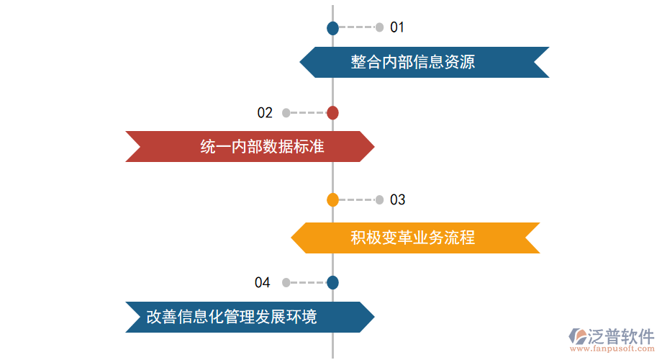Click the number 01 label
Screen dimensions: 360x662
[x=397, y=27]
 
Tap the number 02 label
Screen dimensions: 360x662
[x=265, y=112]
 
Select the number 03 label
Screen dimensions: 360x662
[x=397, y=199]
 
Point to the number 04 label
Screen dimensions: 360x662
[x=262, y=282]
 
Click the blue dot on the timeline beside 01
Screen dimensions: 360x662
[x=332, y=28]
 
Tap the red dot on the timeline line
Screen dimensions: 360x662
[x=332, y=112]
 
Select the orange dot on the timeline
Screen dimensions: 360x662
[x=332, y=199]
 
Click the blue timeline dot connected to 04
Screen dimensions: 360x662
[x=332, y=282]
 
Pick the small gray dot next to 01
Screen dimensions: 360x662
[x=379, y=27]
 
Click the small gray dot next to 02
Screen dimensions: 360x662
[x=286, y=112]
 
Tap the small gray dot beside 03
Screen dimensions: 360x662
[x=379, y=199]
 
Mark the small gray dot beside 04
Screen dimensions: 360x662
[x=286, y=282]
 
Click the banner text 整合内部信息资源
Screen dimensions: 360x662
[x=413, y=62]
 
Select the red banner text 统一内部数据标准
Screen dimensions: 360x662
[x=262, y=147]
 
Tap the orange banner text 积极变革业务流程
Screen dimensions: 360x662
[x=413, y=238]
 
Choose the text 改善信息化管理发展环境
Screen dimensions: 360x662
[x=231, y=317]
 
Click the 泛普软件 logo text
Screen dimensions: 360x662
[x=620, y=336]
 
